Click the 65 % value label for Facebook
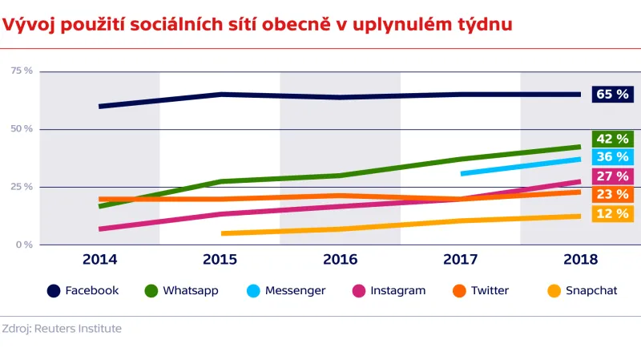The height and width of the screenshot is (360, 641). [x=612, y=95]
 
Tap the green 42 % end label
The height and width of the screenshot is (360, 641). [x=612, y=139]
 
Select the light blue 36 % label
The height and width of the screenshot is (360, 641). [x=612, y=157]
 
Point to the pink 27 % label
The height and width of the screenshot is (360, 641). [x=612, y=176]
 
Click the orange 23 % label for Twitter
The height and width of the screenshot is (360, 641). [x=612, y=195]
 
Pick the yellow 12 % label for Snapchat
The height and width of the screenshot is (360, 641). [x=612, y=214]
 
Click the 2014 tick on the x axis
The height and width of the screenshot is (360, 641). [x=99, y=260]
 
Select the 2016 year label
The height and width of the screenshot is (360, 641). [x=340, y=260]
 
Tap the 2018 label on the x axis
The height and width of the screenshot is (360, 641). [x=580, y=260]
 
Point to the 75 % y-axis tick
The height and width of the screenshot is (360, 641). [x=22, y=71]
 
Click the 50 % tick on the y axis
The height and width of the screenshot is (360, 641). [x=22, y=129]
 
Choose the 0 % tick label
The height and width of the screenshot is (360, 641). [x=24, y=245]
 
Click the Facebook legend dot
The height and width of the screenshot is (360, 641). [x=53, y=291]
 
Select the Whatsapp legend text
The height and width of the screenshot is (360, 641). [x=190, y=291]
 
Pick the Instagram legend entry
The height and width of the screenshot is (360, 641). [x=397, y=291]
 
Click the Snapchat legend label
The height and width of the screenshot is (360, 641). [x=591, y=291]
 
